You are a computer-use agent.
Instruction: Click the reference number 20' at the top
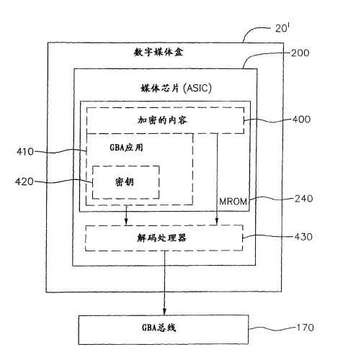pos(282,28)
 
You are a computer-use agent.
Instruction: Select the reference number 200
pos(300,53)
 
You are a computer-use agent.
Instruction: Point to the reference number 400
pos(301,120)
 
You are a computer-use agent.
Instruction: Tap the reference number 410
pos(25,152)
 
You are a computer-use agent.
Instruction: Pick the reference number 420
pos(24,181)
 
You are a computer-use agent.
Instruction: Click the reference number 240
pos(304,199)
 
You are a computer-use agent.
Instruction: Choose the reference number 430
pos(303,237)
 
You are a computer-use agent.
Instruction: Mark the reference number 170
pos(306,328)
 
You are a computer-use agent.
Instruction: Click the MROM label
pos(233,202)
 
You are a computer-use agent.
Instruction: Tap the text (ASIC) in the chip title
pos(197,88)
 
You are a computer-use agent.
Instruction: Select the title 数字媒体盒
pos(159,52)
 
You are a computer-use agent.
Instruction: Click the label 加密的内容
pos(162,120)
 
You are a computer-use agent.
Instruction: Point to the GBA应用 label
pos(126,148)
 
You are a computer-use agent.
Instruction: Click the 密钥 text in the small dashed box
pos(124,182)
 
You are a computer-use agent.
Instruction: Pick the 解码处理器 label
pos(161,238)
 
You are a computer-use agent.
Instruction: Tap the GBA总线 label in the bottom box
pos(159,328)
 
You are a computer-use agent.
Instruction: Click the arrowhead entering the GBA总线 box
pos(164,311)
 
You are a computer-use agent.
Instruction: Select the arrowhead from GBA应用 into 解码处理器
pos(126,221)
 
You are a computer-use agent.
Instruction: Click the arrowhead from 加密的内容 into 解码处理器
pos(217,221)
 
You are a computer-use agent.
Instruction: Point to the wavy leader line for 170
pos(272,328)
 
